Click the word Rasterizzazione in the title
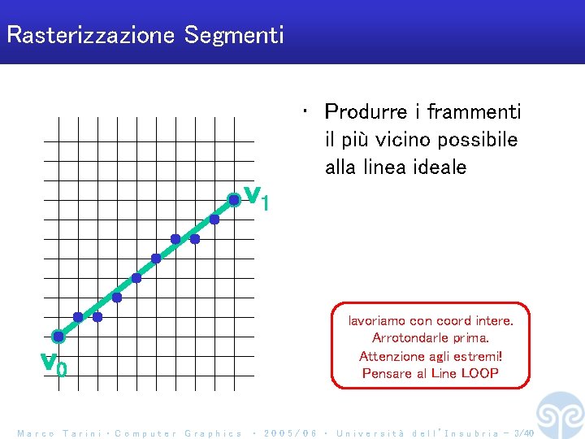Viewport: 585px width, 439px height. [x=91, y=36]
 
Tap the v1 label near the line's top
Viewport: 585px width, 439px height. [x=257, y=197]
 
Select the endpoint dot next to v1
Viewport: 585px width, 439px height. [x=234, y=199]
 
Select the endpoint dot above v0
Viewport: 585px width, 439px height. [x=58, y=336]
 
